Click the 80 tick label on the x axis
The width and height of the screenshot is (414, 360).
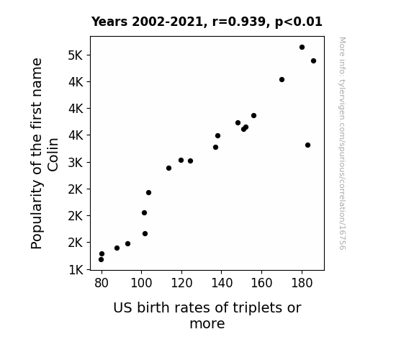102,283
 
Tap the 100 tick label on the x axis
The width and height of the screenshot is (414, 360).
142,283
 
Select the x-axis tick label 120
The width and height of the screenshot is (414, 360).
181,283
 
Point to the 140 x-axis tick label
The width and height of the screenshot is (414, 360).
222,283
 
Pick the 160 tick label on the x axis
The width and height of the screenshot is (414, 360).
261,283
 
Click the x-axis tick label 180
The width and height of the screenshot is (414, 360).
302,283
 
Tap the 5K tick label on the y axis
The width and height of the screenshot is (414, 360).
76,55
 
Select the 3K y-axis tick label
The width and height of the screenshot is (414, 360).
76,163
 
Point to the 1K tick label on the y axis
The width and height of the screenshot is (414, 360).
76,270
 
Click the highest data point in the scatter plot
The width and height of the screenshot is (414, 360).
302,48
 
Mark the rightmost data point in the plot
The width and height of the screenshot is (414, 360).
313,61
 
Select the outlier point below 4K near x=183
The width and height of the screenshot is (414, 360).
307,145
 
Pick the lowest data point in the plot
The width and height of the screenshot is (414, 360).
101,260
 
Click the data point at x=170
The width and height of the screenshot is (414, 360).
282,79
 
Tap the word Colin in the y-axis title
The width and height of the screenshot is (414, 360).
53,155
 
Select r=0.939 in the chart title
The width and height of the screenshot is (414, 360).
239,22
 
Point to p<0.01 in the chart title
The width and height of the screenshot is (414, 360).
299,22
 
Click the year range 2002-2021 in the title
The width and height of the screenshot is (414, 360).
167,22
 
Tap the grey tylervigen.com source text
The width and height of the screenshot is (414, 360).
342,143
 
